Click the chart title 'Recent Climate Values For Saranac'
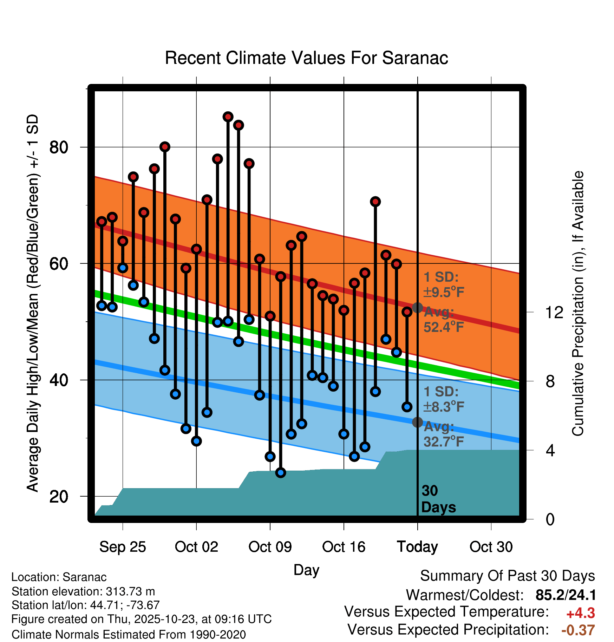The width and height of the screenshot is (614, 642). click(306, 58)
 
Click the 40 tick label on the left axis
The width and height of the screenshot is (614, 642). click(59, 380)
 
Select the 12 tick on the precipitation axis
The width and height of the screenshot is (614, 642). click(554, 312)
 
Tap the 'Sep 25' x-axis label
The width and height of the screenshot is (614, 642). click(122, 547)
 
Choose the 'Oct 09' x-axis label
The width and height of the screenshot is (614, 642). click(270, 547)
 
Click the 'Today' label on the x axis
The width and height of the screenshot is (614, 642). click(417, 547)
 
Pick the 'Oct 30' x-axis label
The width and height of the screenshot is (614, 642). click(491, 547)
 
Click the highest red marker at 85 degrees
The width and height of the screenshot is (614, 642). click(228, 117)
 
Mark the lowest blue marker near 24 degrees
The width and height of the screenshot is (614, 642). click(281, 473)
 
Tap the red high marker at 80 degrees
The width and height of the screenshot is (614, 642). click(165, 147)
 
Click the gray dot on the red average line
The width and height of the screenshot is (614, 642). click(417, 308)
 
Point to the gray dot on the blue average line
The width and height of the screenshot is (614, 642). click(417, 422)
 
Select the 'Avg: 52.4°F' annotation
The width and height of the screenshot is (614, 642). click(443, 320)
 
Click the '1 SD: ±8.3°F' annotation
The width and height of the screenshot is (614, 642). click(443, 399)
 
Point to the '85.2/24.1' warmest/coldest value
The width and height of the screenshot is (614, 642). click(566, 595)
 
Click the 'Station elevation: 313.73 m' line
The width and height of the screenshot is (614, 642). click(83, 591)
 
